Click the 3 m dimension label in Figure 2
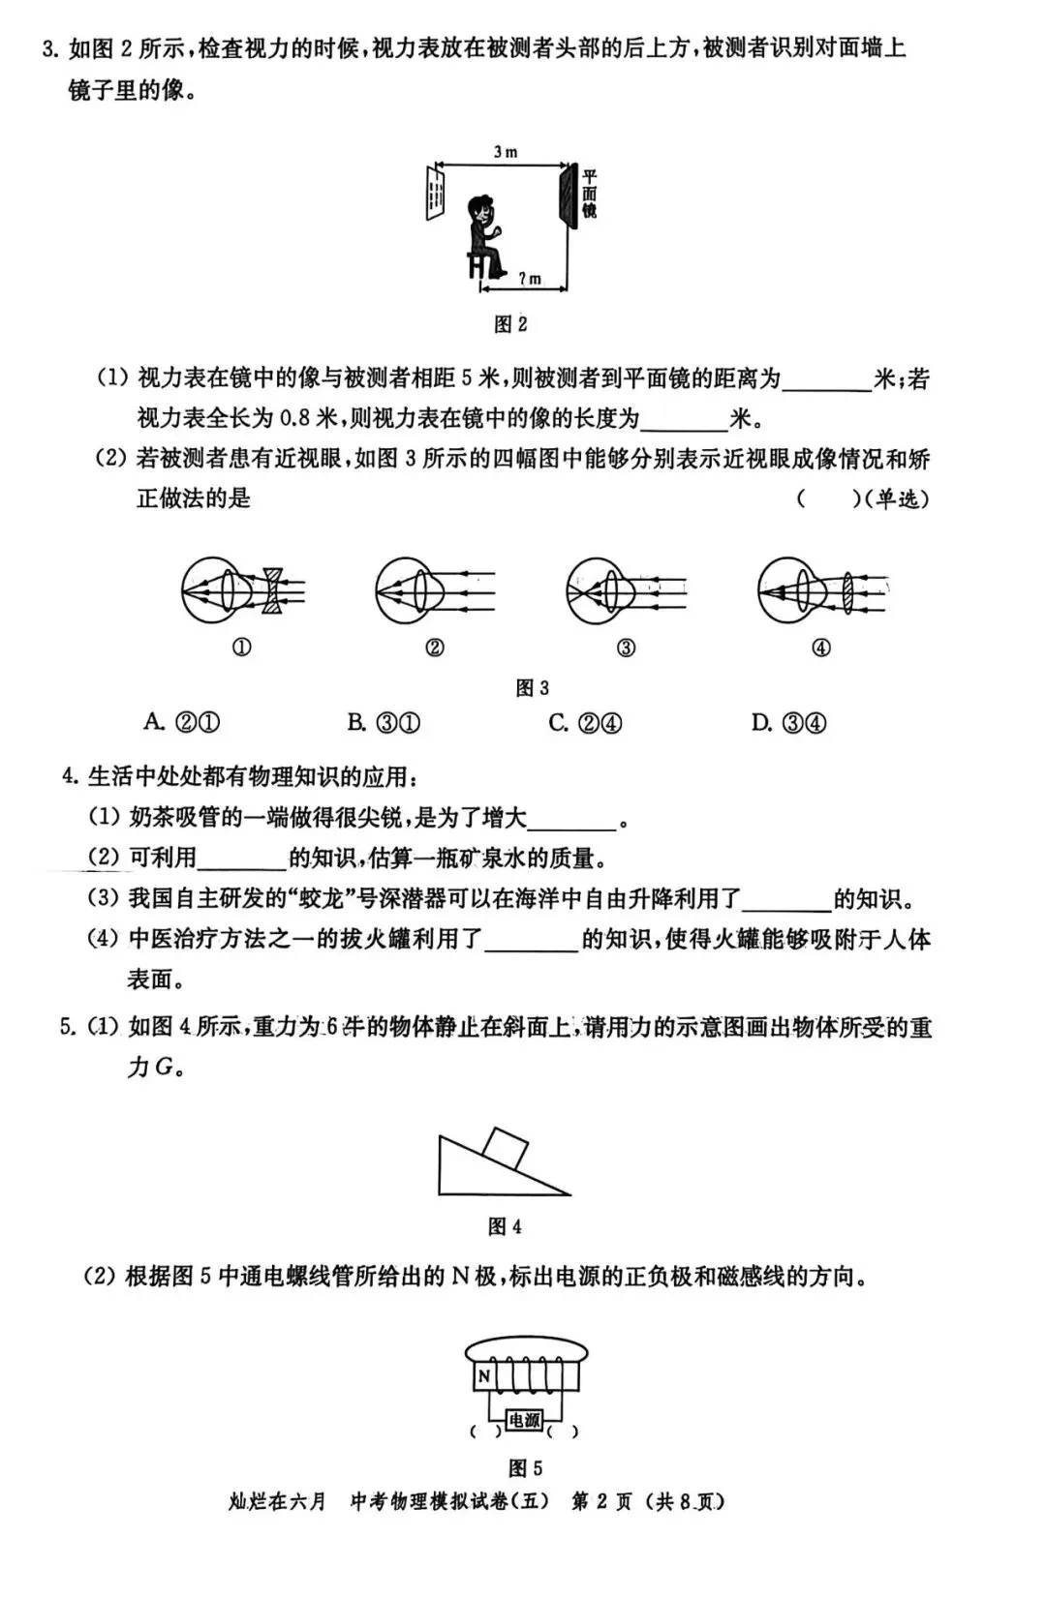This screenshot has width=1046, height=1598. (505, 152)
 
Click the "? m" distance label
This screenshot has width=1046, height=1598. (529, 279)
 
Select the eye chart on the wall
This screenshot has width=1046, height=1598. (435, 194)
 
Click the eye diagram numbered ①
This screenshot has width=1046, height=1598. (242, 589)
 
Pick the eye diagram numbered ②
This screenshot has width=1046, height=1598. (434, 589)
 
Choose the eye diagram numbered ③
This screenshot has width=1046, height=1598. (625, 589)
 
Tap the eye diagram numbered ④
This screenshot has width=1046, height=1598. (821, 589)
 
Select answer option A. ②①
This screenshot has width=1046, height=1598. (182, 722)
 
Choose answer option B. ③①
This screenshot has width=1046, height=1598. (384, 722)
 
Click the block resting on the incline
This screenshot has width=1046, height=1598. (506, 1149)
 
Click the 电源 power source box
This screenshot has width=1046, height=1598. (524, 1420)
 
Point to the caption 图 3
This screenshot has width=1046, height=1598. (532, 687)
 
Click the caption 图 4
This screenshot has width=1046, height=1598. (505, 1226)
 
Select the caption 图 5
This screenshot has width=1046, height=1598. (525, 1467)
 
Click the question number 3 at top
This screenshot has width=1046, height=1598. (49, 47)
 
